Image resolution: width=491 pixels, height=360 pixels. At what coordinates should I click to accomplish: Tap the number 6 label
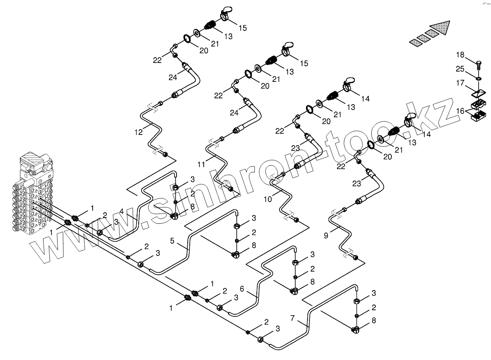[x=242, y=290]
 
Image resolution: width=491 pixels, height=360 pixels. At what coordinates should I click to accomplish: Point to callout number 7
[x=293, y=318]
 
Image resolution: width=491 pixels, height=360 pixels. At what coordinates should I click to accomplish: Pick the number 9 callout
[x=326, y=236]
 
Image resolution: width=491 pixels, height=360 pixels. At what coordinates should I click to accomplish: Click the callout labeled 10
[x=268, y=200]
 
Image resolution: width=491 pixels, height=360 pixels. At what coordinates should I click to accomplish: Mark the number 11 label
[x=201, y=164]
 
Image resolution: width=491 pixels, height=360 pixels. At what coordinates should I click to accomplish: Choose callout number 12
[x=138, y=132]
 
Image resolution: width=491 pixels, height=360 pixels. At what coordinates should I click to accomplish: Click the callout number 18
[x=460, y=55]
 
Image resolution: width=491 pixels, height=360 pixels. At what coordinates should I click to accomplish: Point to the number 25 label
[x=460, y=68]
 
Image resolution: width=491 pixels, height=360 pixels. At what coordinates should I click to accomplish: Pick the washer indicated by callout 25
[x=479, y=78]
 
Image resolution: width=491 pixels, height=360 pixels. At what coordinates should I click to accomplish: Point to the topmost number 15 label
[x=243, y=28]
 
